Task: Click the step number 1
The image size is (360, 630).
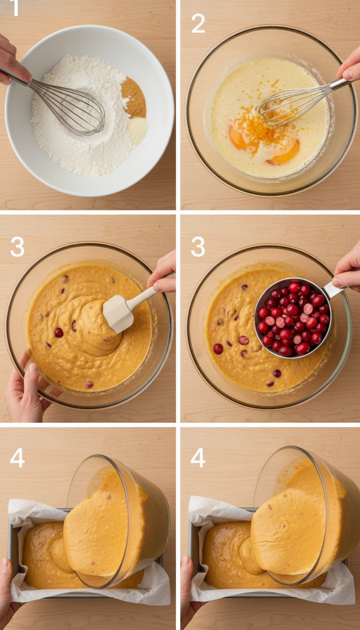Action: (15, 8)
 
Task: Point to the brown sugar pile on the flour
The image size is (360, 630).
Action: (135, 97)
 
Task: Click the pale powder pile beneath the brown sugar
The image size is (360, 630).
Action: (138, 129)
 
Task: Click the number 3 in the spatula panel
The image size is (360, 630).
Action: (17, 247)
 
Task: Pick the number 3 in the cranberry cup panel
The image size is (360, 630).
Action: (198, 247)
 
